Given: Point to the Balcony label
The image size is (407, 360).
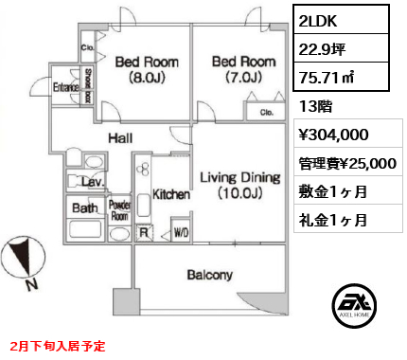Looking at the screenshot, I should [x=210, y=276].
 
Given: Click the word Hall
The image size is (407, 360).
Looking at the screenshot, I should [x=119, y=138].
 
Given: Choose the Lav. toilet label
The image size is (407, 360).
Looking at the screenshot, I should [x=92, y=181].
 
